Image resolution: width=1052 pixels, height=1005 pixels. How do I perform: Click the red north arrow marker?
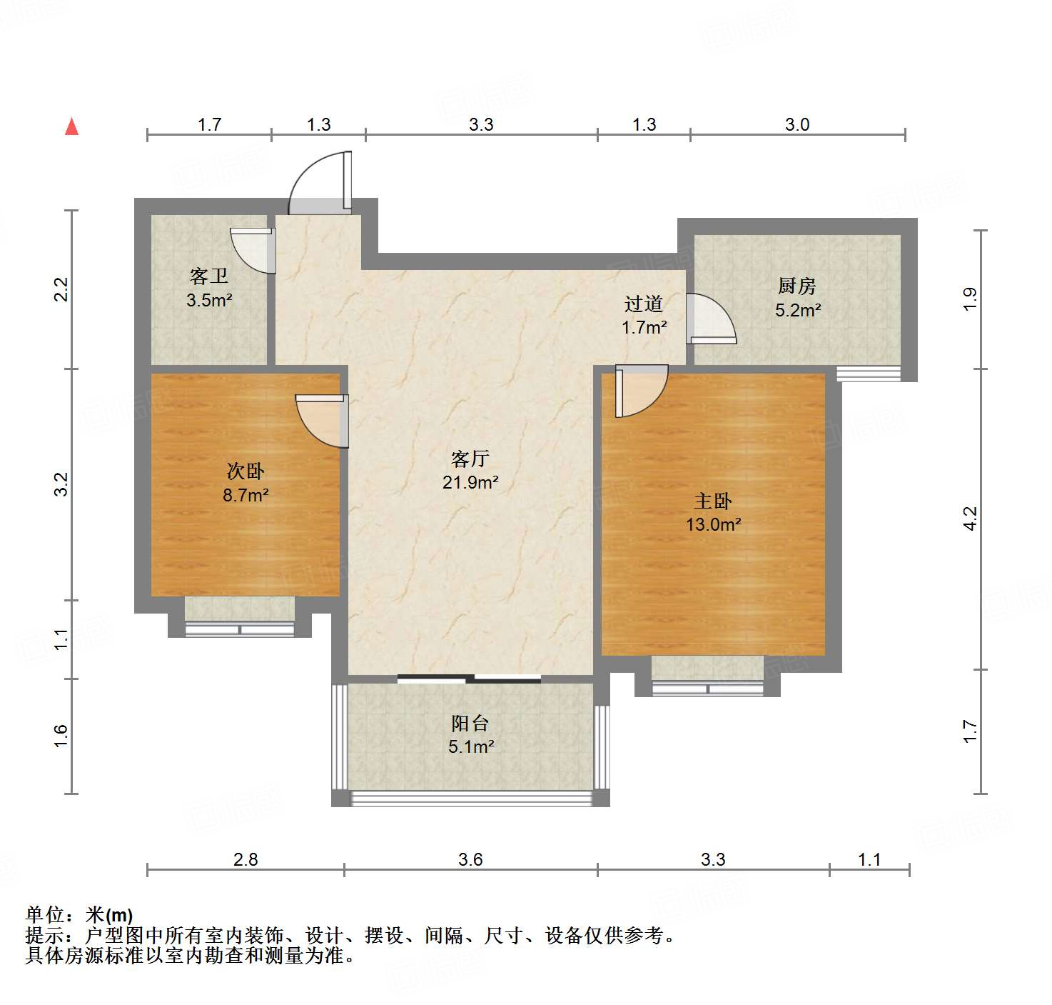[71, 126]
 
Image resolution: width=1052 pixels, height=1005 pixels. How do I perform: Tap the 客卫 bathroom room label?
[208, 276]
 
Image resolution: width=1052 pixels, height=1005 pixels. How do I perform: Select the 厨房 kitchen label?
[796, 286]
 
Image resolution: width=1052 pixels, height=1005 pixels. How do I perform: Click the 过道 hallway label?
[644, 304]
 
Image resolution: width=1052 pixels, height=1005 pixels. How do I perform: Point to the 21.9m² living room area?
[470, 482]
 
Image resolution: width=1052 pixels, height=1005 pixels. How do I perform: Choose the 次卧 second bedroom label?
[245, 471]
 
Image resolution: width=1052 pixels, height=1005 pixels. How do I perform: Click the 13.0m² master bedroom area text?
[713, 524]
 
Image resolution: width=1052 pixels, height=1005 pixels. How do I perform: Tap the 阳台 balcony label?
[470, 723]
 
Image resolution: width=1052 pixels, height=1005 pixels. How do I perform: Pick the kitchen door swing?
[709, 319]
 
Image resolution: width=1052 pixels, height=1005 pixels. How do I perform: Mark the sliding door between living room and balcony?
[469, 678]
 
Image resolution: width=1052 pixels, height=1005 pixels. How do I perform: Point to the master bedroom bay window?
[707, 688]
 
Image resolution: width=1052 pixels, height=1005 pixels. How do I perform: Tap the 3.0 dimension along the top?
[796, 124]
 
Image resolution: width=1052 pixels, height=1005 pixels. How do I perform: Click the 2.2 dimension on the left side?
[62, 289]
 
